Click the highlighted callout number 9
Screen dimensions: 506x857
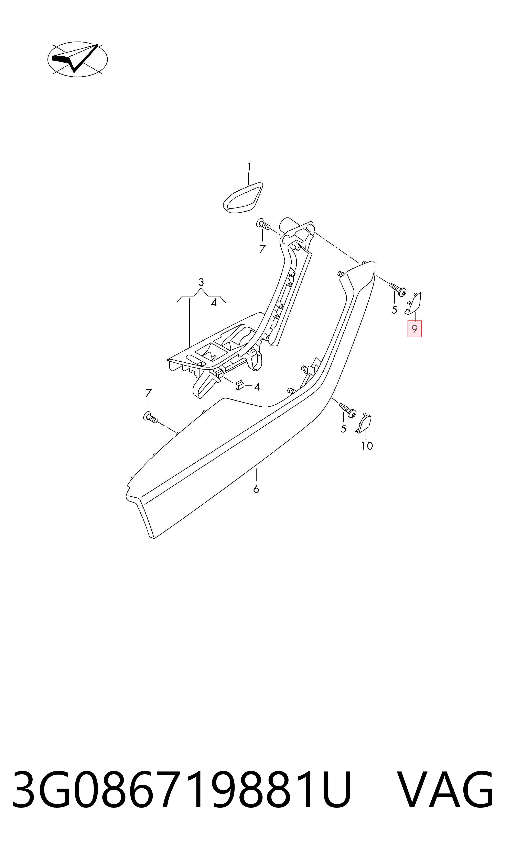(x=415, y=329)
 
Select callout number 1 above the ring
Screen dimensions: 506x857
(x=249, y=167)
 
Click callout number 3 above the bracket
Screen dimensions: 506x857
(x=201, y=282)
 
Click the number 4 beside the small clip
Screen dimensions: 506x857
(x=257, y=387)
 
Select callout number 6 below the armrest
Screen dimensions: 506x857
(x=256, y=489)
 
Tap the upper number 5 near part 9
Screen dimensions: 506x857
(x=395, y=310)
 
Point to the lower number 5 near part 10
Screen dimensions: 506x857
(x=343, y=429)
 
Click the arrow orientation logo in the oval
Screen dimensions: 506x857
(x=77, y=59)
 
